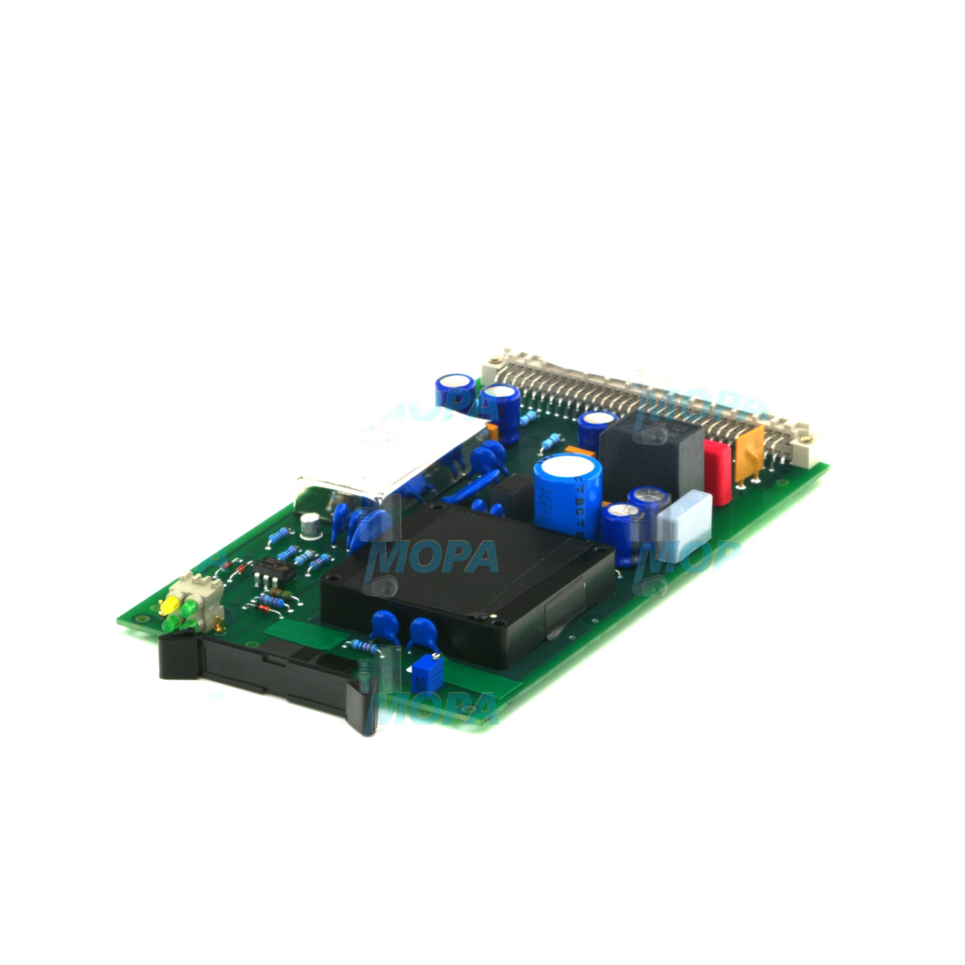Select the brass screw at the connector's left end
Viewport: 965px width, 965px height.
coord(495,359)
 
